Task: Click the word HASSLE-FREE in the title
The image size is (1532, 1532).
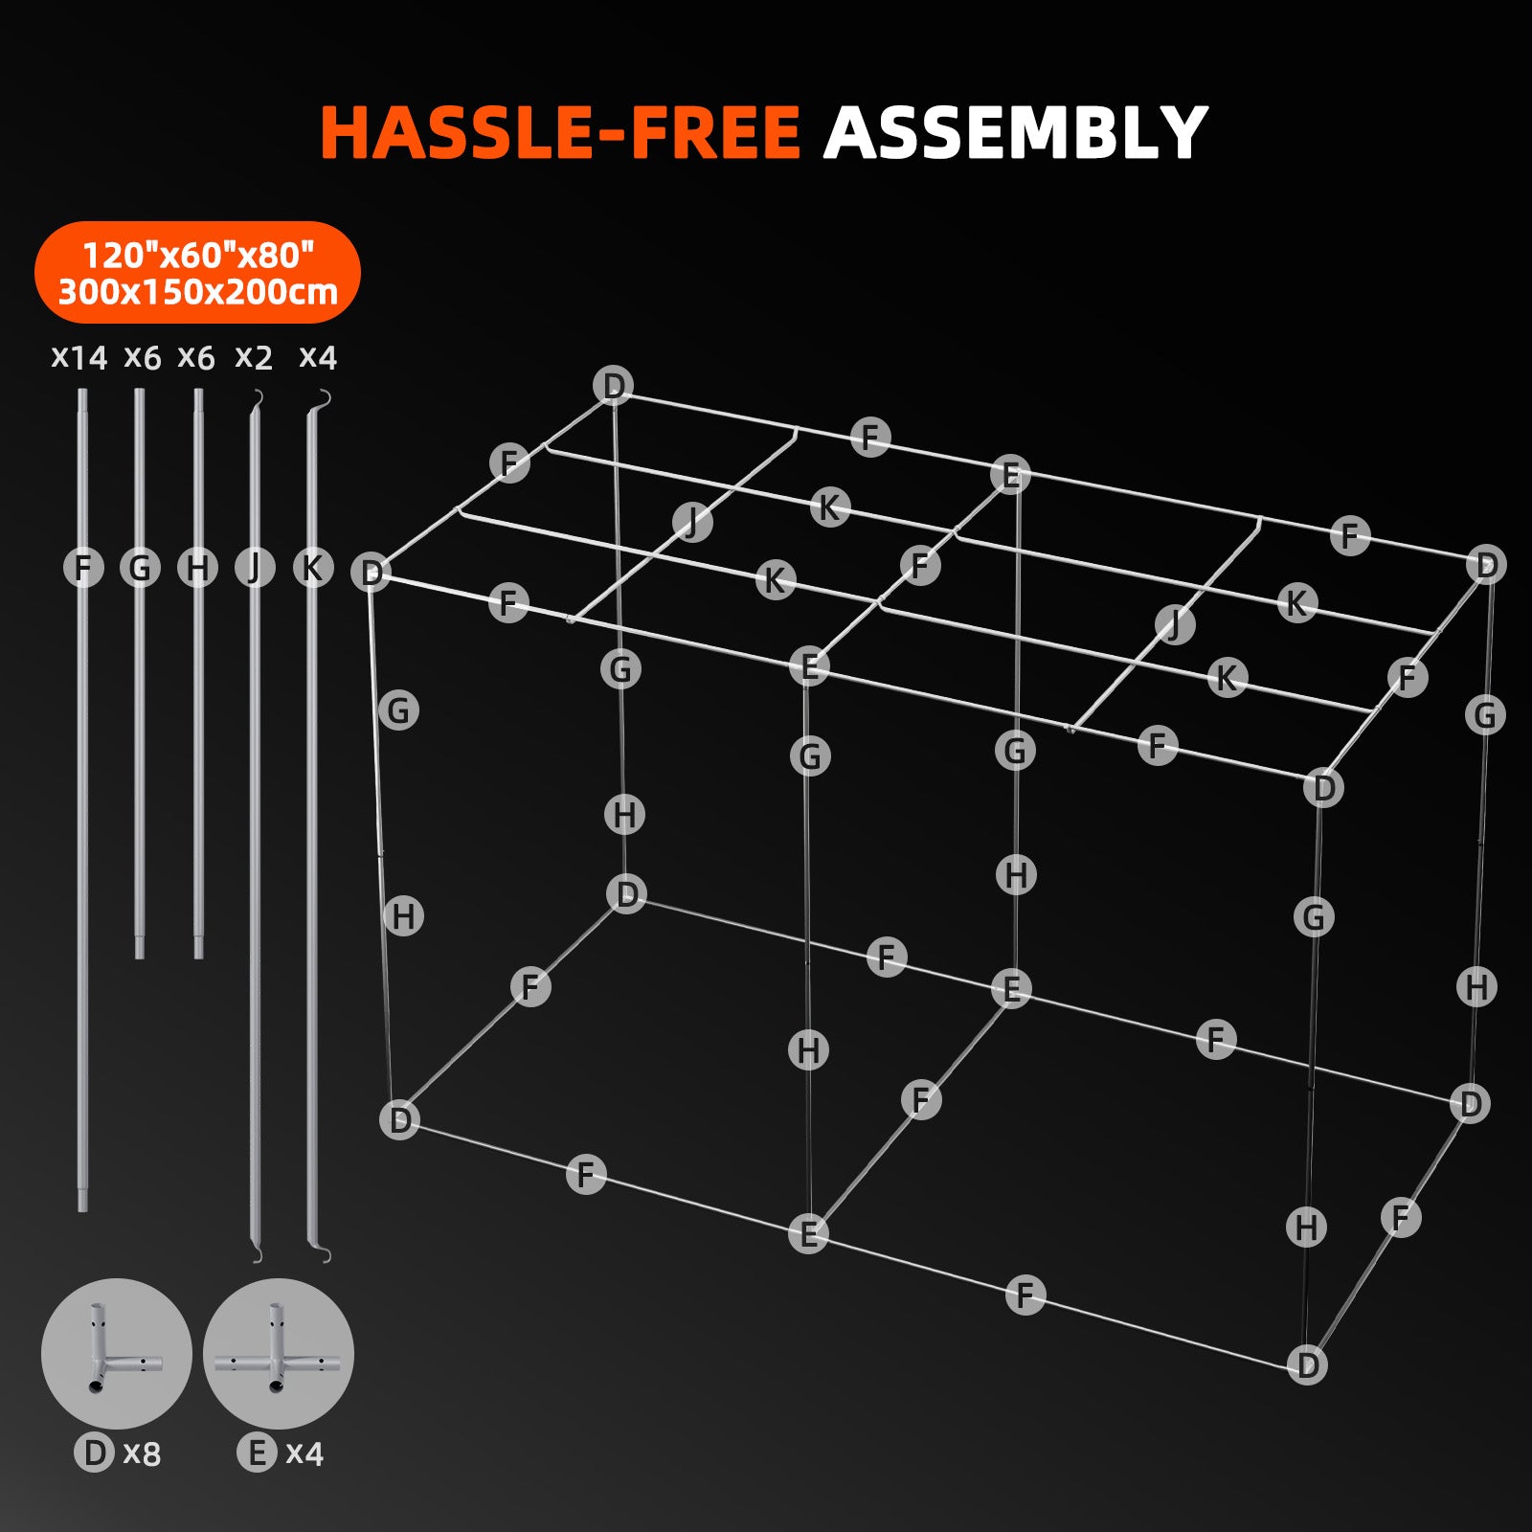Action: (x=560, y=132)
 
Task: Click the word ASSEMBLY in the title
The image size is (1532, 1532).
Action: (x=1015, y=132)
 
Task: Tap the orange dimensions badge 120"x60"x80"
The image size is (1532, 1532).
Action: (x=197, y=255)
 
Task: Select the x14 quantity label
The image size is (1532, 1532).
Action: (x=79, y=358)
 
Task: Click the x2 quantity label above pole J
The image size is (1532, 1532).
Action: (x=254, y=358)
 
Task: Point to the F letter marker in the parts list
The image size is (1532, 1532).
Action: (x=83, y=568)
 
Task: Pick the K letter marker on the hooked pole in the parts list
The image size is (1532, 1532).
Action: (x=312, y=568)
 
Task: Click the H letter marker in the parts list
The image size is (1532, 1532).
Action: (x=197, y=568)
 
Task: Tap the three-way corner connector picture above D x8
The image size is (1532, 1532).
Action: (x=116, y=1353)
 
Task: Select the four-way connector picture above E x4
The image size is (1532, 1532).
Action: (x=278, y=1353)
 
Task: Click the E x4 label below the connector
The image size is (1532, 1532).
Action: (x=281, y=1453)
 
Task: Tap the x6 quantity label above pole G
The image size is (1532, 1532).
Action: (x=143, y=358)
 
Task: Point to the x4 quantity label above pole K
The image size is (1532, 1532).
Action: (x=318, y=358)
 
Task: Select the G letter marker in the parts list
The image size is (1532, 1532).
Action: (x=140, y=568)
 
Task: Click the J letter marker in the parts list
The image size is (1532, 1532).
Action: (x=254, y=568)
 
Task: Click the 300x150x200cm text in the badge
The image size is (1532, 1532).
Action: (x=197, y=292)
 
